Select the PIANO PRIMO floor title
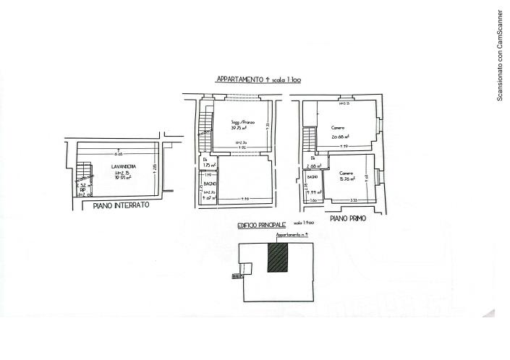click(x=347, y=218)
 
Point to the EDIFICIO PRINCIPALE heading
click(x=262, y=226)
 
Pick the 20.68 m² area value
click(x=341, y=137)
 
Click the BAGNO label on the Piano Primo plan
click(x=313, y=177)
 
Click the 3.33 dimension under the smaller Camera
click(x=354, y=200)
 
